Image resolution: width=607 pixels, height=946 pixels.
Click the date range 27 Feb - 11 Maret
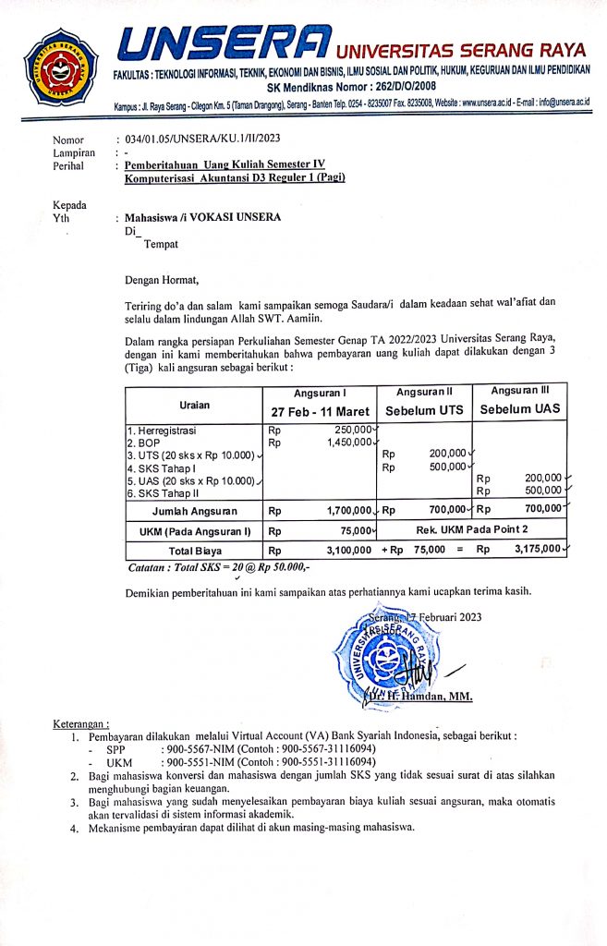[x=319, y=410]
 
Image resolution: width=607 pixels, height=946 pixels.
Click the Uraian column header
[x=194, y=403]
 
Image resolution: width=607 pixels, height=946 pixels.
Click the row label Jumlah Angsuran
[x=194, y=510]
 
